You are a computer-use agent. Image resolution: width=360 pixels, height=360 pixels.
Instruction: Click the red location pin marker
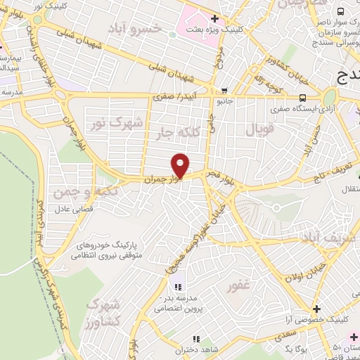(x=181, y=166)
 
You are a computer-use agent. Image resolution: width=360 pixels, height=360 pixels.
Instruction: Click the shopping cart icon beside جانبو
(x=224, y=90)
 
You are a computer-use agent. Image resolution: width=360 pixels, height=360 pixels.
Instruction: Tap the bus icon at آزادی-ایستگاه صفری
(x=302, y=98)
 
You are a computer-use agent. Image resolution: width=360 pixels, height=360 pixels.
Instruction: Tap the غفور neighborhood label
(x=239, y=287)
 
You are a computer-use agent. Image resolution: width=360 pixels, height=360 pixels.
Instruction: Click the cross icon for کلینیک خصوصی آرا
(x=317, y=309)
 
